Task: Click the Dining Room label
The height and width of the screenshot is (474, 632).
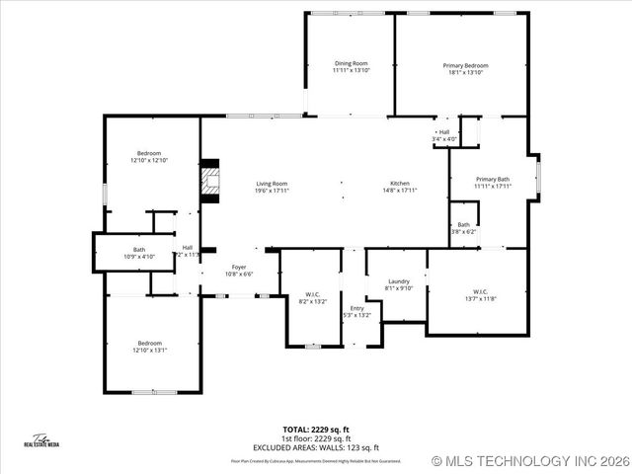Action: point(350,67)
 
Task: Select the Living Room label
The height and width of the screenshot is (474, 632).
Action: point(272,187)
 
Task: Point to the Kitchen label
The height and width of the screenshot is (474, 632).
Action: point(399,187)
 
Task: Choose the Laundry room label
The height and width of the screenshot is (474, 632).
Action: point(399,284)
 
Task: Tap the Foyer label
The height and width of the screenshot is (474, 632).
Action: point(239,270)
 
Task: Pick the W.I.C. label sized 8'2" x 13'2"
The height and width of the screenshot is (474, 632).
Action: point(312,297)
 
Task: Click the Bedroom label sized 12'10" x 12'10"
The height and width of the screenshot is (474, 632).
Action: point(149,156)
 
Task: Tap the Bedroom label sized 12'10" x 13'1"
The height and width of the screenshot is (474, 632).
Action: point(149,346)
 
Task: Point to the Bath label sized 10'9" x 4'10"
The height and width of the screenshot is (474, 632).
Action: point(139,253)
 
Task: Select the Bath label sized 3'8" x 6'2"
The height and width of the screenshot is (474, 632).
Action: point(464,228)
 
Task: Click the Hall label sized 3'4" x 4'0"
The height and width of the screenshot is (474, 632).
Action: point(444,136)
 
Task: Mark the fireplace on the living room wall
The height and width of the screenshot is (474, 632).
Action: point(208,181)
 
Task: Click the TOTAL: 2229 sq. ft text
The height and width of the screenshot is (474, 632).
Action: point(316,430)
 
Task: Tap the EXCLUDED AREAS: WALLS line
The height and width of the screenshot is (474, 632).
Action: point(316,445)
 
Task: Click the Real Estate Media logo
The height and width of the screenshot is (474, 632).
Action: point(41,441)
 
